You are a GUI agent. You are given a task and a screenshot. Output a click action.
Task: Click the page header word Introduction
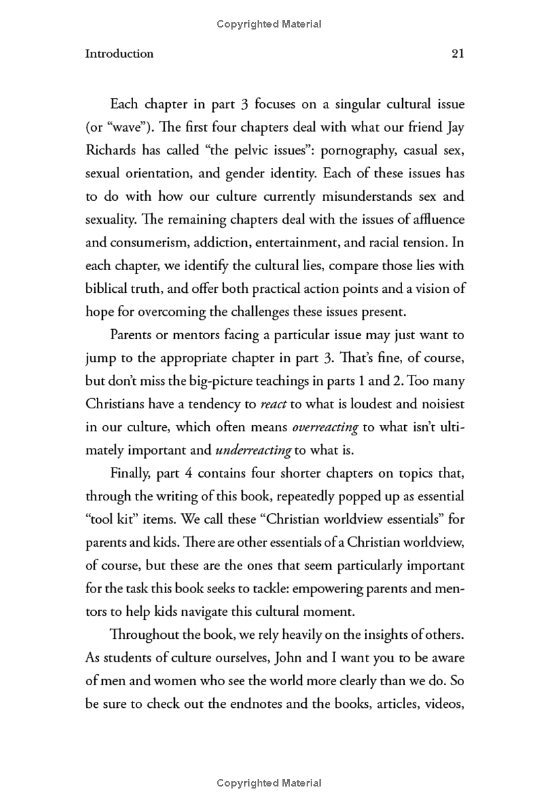click(119, 54)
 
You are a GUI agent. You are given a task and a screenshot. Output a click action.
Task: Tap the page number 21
click(457, 54)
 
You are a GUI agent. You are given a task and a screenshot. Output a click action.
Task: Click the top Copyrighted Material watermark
click(269, 24)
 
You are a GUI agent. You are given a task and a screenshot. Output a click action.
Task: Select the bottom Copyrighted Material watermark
click(269, 783)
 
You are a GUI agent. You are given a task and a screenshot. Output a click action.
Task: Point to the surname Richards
click(112, 150)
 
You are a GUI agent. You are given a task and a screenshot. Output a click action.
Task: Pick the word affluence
click(437, 220)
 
